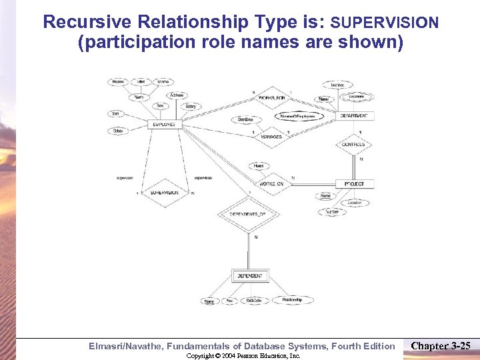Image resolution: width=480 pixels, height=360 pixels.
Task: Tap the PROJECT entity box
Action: coord(355,183)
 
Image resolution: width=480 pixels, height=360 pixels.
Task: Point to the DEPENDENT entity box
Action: coord(249,275)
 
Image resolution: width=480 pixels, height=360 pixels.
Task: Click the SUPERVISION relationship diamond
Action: coord(164,192)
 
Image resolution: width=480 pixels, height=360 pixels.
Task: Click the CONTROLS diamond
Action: coord(353,145)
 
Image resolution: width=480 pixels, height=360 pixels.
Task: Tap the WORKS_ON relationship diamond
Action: coord(271,183)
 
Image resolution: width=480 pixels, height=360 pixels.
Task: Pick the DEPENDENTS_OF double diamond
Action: coord(247,214)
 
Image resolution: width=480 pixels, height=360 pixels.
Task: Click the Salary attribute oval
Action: coord(190,107)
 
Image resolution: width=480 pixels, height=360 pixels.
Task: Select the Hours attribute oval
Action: coord(258,165)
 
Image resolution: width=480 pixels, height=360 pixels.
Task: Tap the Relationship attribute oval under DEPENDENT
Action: coord(287,300)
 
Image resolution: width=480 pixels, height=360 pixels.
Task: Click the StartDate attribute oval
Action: coord(245,119)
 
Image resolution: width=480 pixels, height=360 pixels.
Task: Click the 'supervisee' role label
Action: coord(203,178)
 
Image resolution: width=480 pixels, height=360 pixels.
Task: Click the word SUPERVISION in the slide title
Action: coord(385,23)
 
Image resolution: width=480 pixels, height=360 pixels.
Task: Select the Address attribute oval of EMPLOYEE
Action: coord(177,95)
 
